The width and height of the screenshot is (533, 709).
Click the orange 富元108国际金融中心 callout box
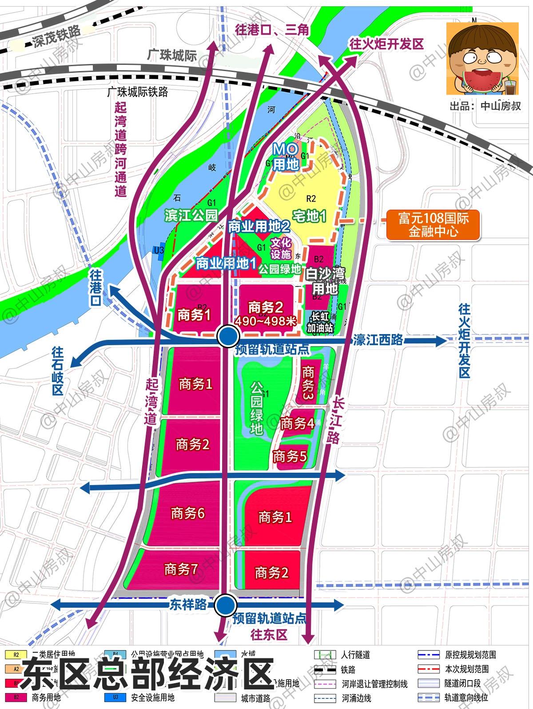(434, 225)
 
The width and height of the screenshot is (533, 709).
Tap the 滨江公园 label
(191, 215)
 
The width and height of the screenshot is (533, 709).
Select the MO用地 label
(285, 157)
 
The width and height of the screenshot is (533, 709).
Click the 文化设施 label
(281, 248)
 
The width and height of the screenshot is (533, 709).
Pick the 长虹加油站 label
(322, 323)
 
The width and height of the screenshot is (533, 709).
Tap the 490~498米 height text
(266, 321)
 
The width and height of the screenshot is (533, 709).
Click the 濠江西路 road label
(378, 340)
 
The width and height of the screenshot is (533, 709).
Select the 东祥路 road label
(188, 605)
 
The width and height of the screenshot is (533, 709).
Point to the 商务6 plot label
(188, 514)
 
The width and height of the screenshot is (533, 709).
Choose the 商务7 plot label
(181, 569)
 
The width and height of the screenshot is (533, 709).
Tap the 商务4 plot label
(298, 423)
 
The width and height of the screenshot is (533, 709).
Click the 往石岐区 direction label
(58, 371)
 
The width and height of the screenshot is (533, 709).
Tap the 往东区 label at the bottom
(269, 634)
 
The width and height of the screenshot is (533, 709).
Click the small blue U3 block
(159, 250)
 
